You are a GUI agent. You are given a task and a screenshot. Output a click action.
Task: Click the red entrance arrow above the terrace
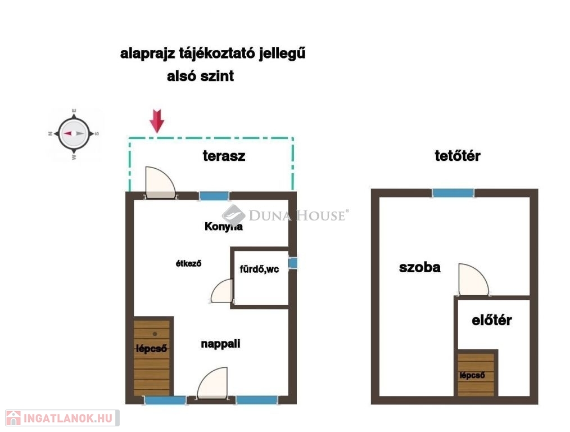157,121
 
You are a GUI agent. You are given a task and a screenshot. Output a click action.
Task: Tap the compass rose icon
74,133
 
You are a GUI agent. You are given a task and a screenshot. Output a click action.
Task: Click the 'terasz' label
224,156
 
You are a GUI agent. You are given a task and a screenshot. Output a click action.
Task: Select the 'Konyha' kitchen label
224,227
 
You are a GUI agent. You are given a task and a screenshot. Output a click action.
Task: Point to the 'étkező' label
188,263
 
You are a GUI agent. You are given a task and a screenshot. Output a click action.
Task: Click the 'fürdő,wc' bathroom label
259,269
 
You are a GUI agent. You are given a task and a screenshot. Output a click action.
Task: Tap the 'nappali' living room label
221,344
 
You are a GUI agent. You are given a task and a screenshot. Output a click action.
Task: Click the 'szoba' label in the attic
420,268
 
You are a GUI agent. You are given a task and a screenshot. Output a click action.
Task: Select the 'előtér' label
492,321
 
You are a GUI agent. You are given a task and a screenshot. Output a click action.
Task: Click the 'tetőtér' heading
458,156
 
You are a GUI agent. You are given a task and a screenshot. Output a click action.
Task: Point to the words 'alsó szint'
200,76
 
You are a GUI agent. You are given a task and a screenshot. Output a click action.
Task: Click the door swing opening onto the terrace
160,183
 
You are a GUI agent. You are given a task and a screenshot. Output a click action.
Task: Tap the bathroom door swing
221,291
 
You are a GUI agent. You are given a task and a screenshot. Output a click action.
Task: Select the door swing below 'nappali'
212,383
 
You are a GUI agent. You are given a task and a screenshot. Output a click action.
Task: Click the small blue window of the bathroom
293,263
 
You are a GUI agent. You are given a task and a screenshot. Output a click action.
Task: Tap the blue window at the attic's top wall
453,193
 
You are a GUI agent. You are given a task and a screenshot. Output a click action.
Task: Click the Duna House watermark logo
286,215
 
